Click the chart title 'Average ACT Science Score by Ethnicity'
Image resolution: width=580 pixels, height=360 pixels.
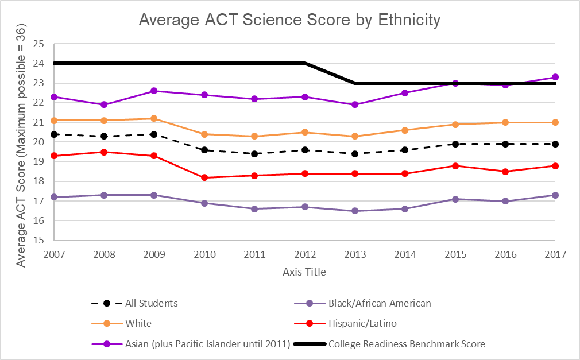[289, 20]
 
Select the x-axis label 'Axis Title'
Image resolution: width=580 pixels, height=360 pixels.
[304, 272]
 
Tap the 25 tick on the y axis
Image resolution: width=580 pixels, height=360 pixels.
[38, 44]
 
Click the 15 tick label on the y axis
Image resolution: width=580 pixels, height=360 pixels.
[38, 241]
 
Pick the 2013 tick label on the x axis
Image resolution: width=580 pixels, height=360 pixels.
[354, 254]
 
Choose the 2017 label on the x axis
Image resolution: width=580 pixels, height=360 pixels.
[555, 254]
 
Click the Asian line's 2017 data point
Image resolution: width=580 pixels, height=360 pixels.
[555, 77]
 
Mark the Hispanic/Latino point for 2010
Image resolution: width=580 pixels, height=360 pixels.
[204, 177]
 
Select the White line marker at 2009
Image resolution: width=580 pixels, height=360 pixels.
[154, 118]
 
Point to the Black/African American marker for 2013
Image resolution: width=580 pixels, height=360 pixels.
[355, 211]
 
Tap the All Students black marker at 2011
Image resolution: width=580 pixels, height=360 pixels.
[254, 154]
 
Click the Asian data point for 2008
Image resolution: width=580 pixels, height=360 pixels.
[104, 104]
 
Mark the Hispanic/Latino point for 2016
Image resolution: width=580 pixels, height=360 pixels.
[505, 172]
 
